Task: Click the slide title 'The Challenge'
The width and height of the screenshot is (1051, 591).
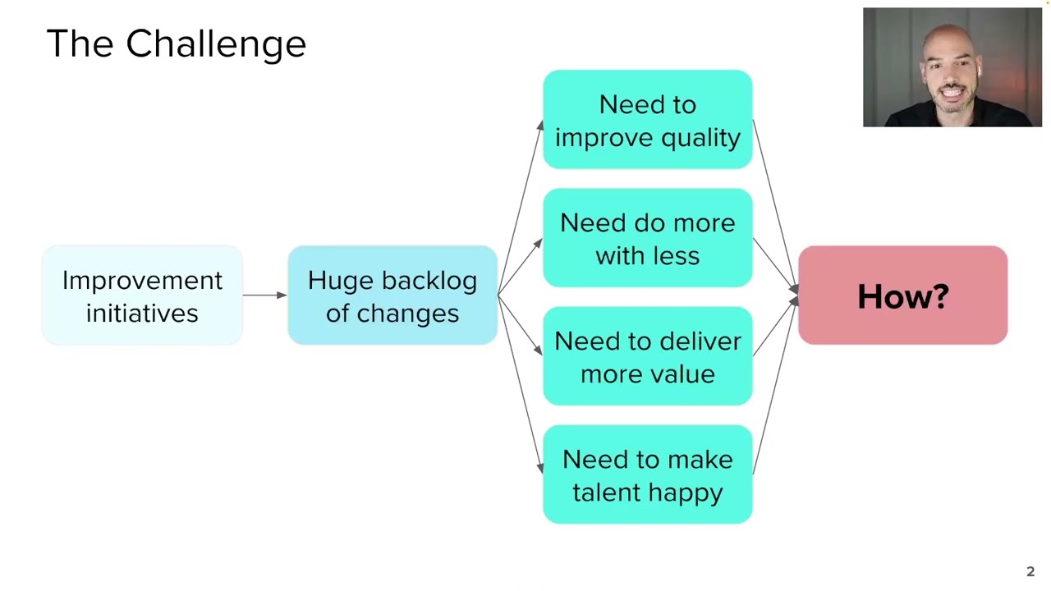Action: [x=176, y=44]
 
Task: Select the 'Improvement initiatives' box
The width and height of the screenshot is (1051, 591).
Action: [x=142, y=295]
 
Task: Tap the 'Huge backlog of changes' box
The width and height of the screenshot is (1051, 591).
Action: [x=392, y=295]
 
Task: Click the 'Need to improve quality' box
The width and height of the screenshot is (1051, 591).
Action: [x=647, y=120]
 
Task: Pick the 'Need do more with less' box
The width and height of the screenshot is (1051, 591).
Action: [x=647, y=238]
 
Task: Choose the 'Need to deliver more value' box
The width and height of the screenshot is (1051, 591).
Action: [x=647, y=356]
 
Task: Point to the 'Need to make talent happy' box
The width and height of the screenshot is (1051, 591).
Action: [x=647, y=474]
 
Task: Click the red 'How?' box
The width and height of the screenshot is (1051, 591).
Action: [x=902, y=295]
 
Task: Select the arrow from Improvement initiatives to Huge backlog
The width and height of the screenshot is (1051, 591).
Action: [x=264, y=295]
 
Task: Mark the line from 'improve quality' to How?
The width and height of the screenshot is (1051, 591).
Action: [x=775, y=205]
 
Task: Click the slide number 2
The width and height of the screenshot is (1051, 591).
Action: [x=1030, y=572]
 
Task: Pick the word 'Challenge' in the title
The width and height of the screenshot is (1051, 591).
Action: [x=216, y=44]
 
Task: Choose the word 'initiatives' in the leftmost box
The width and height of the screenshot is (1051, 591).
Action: [x=142, y=314]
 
